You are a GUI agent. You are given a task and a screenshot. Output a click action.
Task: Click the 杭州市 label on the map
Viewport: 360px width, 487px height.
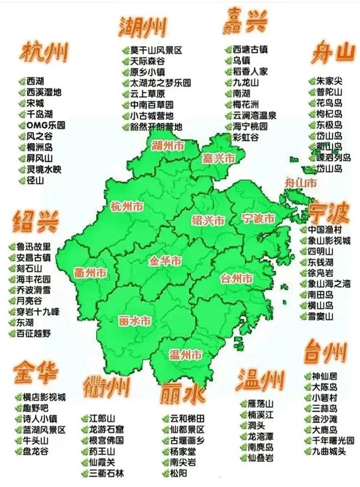(127, 207)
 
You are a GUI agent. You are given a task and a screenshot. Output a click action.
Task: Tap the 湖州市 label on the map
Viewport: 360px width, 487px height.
(167, 145)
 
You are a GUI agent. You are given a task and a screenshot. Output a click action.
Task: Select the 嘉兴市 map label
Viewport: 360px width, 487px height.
(218, 158)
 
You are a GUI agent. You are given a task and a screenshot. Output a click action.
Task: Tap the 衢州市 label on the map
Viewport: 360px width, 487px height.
(91, 274)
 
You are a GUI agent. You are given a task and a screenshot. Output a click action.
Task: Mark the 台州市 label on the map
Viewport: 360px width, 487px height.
(236, 279)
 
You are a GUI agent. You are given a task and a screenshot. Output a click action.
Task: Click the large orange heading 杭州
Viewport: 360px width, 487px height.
(45, 53)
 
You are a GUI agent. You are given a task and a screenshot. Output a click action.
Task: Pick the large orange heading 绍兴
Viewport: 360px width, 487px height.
(36, 223)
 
